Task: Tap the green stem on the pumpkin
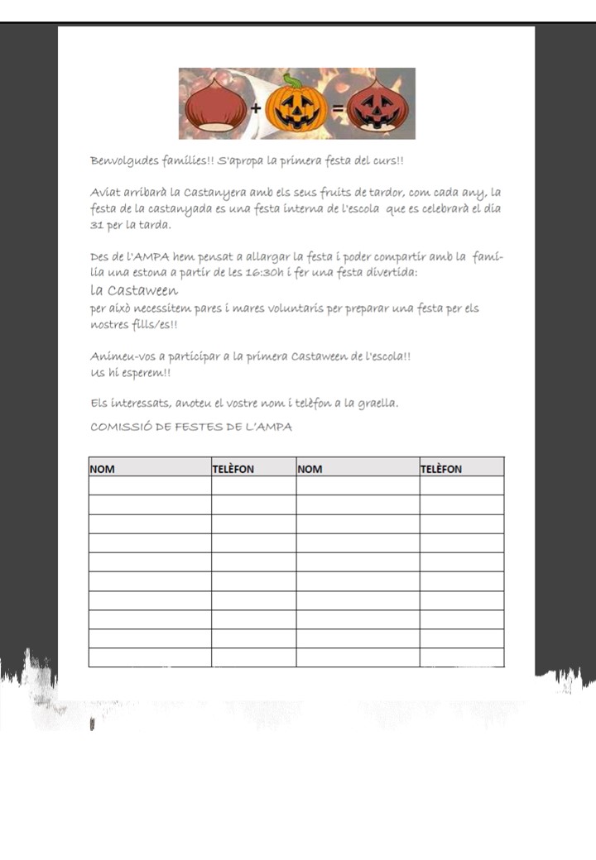tap(292, 80)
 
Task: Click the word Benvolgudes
tap(120, 160)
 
